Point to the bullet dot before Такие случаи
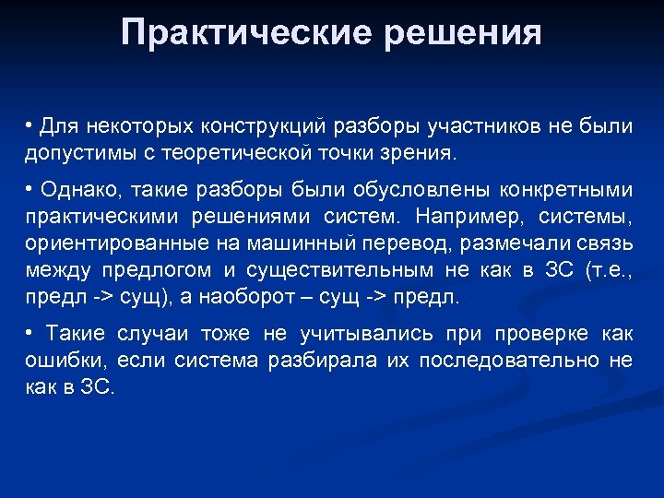point(30,333)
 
